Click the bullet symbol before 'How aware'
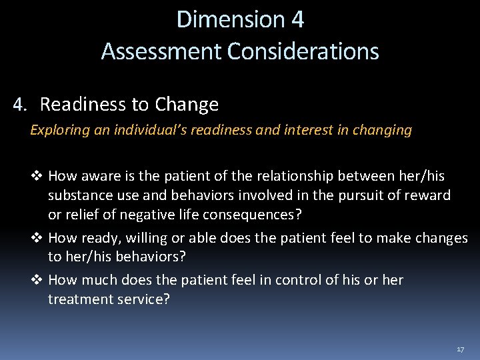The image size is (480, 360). coord(37,176)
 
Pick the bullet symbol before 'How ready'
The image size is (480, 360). coord(37,238)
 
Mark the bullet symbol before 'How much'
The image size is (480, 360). coord(37,280)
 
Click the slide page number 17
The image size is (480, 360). coord(460,349)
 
